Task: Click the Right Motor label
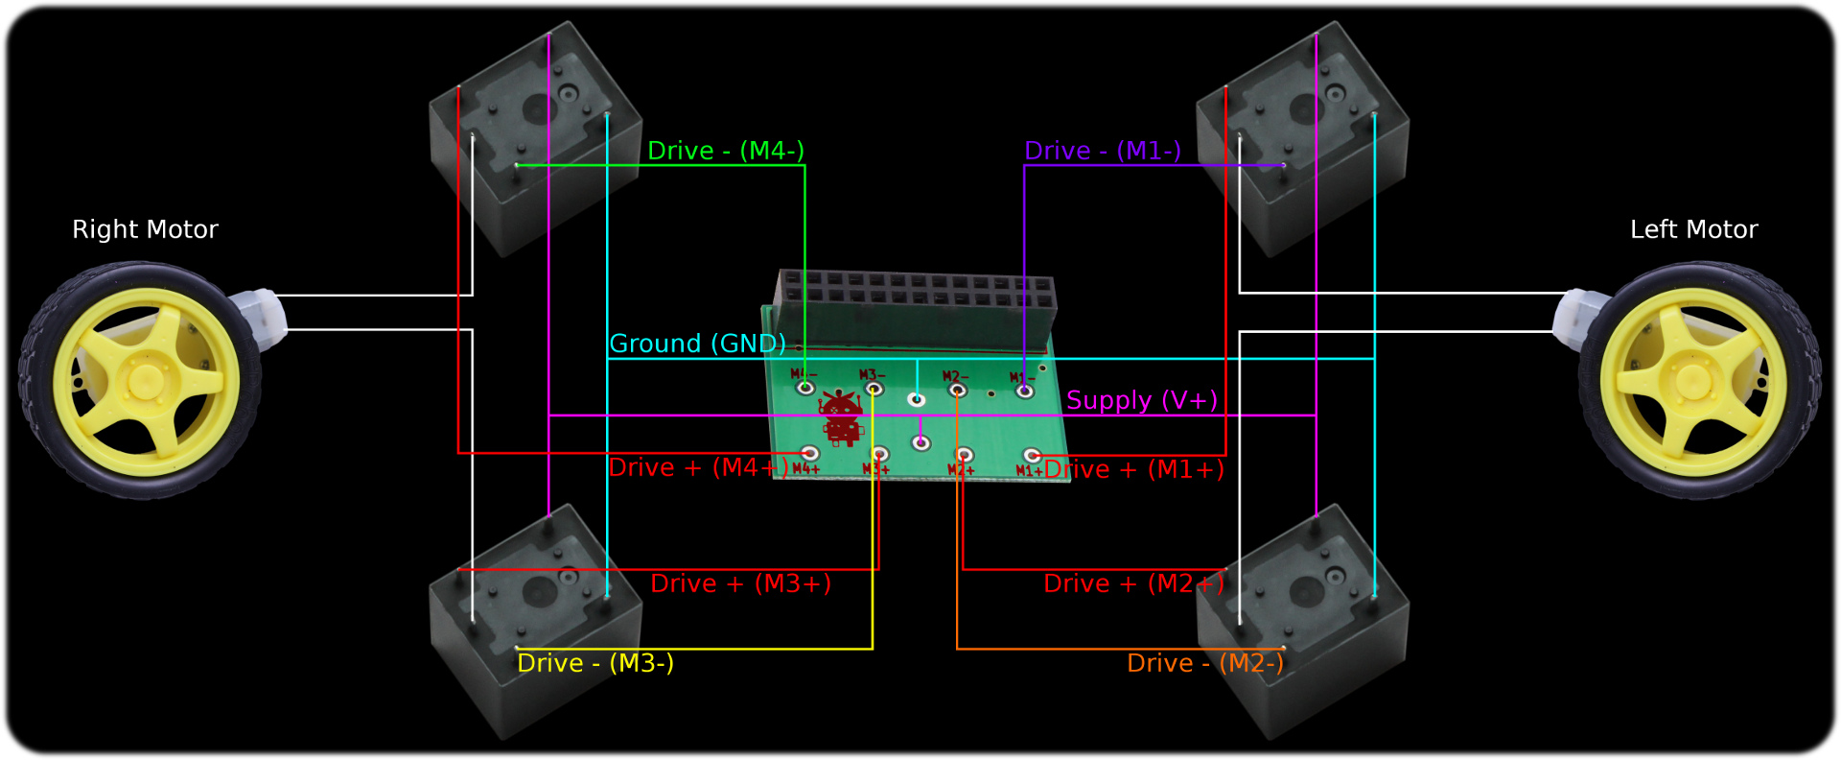[x=145, y=229]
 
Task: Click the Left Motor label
[x=1693, y=229]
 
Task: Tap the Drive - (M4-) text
[x=725, y=151]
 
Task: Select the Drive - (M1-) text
[x=1102, y=151]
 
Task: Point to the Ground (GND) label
[x=697, y=344]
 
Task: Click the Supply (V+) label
[x=1141, y=400]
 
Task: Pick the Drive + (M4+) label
[x=698, y=467]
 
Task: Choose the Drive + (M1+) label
[x=1134, y=469]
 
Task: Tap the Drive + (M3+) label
[x=740, y=583]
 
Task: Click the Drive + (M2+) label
[x=1133, y=583]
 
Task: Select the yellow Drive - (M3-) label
[x=594, y=663]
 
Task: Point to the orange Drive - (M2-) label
[x=1204, y=663]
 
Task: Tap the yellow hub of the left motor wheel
[x=1691, y=380]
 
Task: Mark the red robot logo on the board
[x=842, y=418]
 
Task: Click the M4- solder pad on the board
[x=805, y=388]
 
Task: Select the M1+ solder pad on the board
[x=1032, y=455]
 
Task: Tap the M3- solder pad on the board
[x=874, y=389]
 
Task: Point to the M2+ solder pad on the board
[x=965, y=455]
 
